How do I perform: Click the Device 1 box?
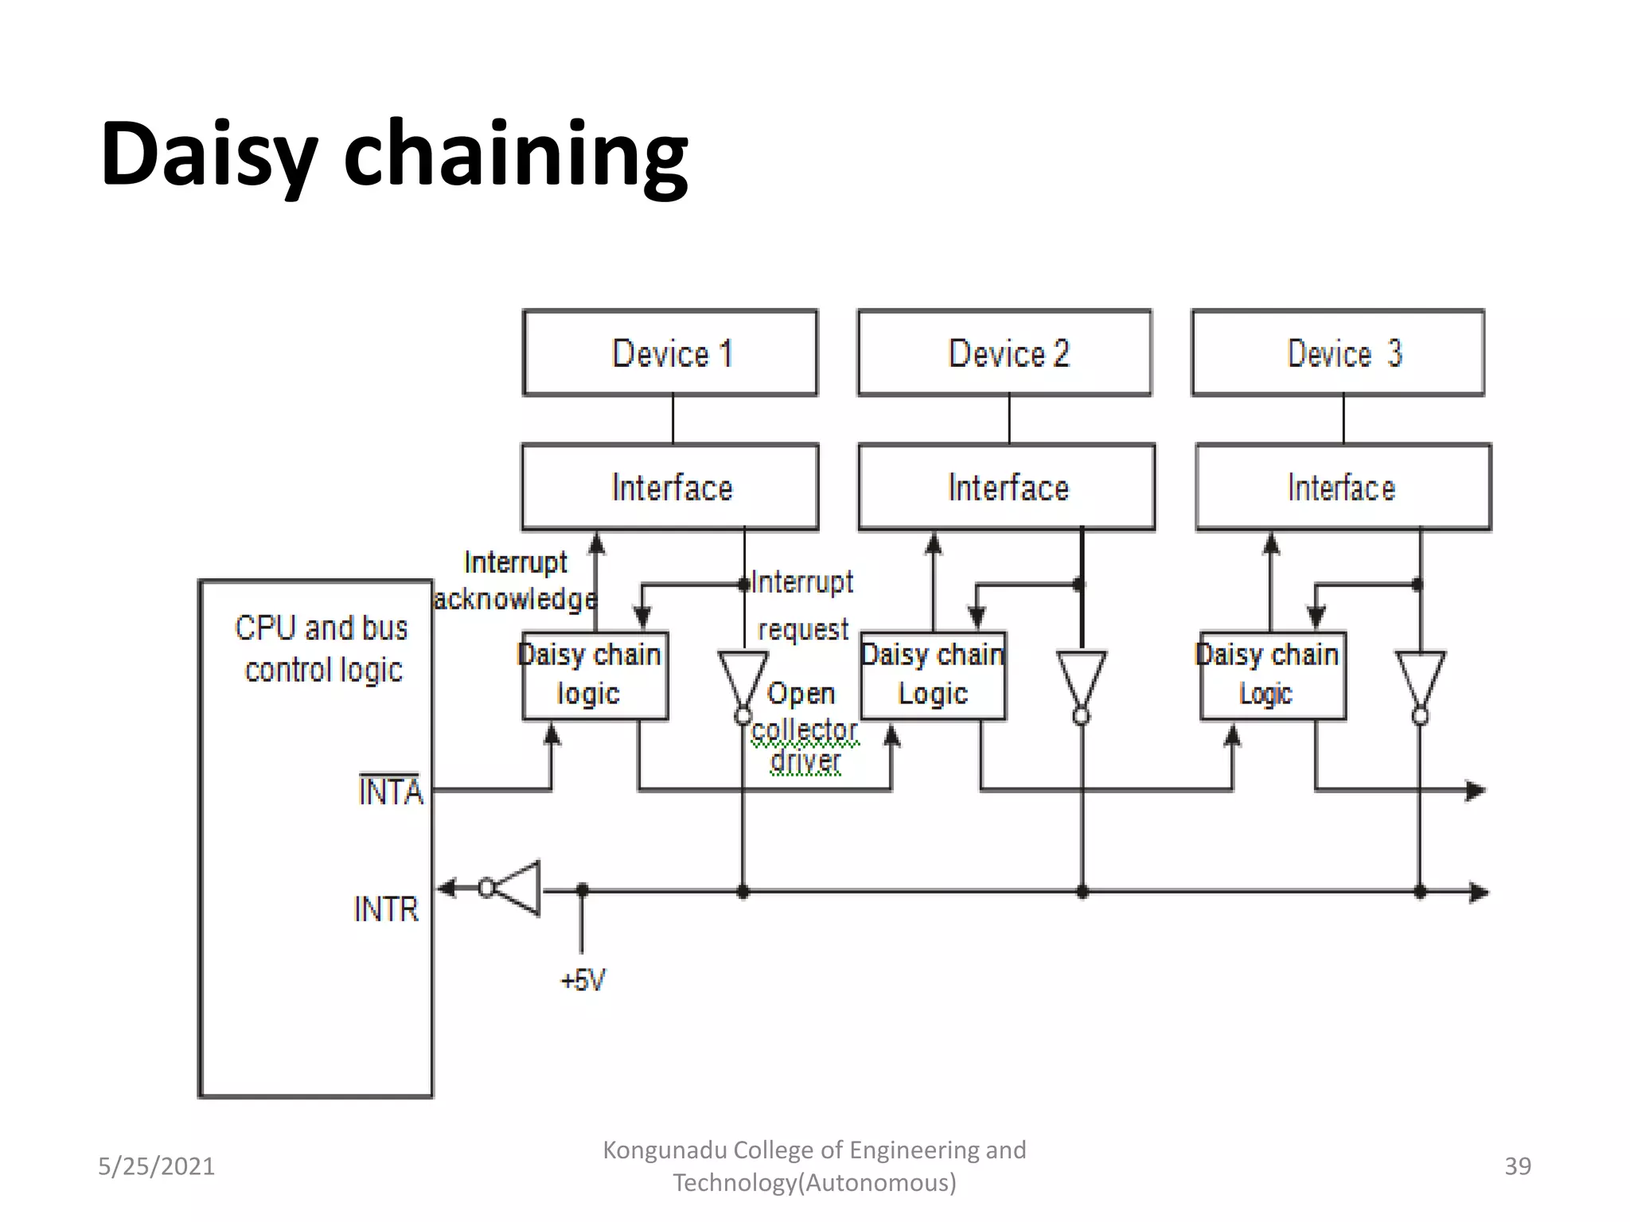670,352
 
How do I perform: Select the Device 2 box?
1004,352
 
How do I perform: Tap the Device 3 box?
1338,352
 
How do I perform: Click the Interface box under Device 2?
1007,487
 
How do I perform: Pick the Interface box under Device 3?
1343,487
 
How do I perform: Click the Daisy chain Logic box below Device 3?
1273,675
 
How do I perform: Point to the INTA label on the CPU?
390,792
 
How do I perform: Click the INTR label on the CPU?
386,909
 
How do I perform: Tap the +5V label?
583,979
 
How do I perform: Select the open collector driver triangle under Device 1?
743,676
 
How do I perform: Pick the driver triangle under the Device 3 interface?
1421,676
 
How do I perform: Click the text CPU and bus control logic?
322,648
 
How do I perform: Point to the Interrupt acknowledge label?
516,580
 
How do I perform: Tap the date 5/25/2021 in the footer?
156,1166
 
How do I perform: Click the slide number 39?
1517,1166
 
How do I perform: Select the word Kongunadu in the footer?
664,1150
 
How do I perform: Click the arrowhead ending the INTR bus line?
1479,892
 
